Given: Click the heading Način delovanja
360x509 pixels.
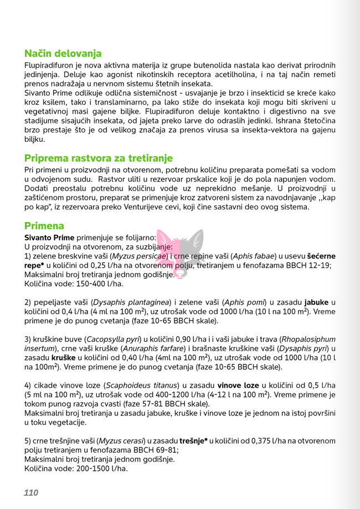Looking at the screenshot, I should [63, 54].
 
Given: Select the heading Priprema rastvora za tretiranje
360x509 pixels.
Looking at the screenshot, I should [98, 158].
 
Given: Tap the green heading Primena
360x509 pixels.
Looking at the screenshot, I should [44, 226].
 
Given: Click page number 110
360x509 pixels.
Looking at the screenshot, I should [31, 492].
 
